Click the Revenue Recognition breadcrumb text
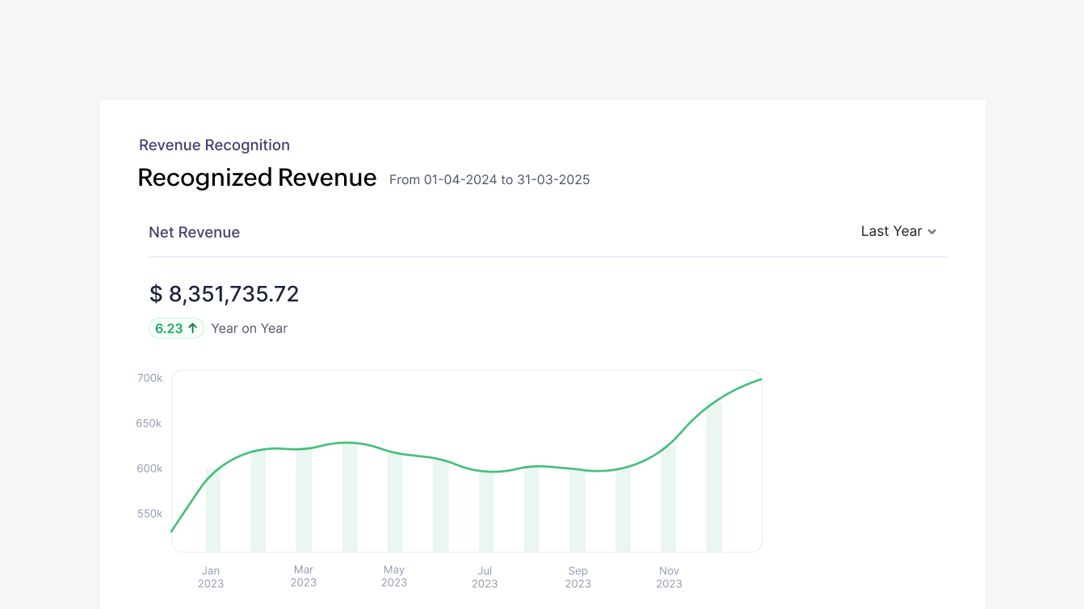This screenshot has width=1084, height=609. [x=214, y=145]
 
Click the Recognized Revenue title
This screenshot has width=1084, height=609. [x=257, y=178]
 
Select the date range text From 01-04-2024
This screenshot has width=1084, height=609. [x=489, y=180]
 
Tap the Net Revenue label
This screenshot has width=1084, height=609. [x=194, y=233]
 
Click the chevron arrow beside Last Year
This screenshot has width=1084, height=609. [x=932, y=232]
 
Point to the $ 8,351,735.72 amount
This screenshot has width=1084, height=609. [x=224, y=294]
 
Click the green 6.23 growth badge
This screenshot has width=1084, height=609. [x=176, y=329]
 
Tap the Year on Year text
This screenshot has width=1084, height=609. [x=249, y=329]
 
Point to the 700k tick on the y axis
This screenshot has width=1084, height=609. [x=149, y=378]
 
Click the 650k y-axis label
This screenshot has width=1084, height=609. [x=149, y=423]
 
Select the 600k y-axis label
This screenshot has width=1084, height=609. [x=149, y=468]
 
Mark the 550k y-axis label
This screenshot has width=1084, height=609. [x=149, y=514]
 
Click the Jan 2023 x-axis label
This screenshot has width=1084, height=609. [x=211, y=577]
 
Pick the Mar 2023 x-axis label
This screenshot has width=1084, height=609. [x=304, y=576]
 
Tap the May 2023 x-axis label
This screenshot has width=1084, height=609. [x=394, y=576]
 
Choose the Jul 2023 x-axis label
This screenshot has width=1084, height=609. [x=485, y=577]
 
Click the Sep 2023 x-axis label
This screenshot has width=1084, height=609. [x=578, y=577]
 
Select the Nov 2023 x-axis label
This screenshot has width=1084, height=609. [x=669, y=577]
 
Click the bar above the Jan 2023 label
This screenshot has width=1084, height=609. [x=213, y=513]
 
